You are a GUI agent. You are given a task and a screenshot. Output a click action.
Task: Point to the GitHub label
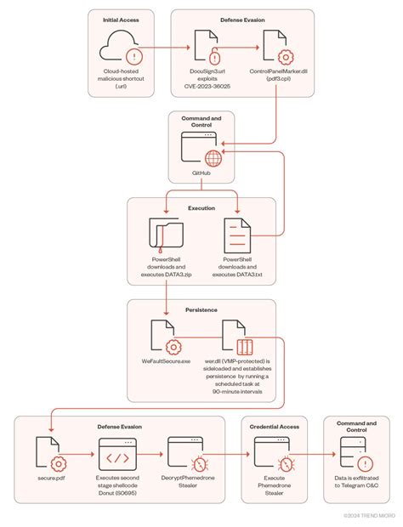[201, 171]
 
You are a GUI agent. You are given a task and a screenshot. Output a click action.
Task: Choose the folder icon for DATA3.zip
[166, 234]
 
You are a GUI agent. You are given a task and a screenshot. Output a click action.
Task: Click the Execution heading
[201, 207]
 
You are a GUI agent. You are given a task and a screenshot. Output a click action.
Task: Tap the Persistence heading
[201, 309]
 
